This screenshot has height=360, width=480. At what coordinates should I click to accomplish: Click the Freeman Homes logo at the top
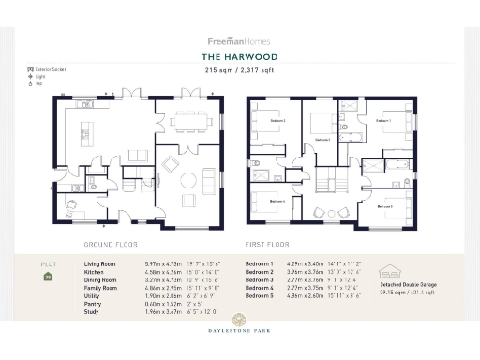pos(239,40)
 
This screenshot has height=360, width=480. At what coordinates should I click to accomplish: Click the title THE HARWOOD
pos(239,55)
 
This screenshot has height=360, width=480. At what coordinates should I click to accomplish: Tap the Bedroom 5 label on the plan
pos(384,206)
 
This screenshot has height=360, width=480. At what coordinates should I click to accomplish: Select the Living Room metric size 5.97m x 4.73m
pos(164,265)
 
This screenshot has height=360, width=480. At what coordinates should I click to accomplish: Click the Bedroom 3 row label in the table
pos(259,279)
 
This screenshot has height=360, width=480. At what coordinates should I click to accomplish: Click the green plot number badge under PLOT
pos(48,277)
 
